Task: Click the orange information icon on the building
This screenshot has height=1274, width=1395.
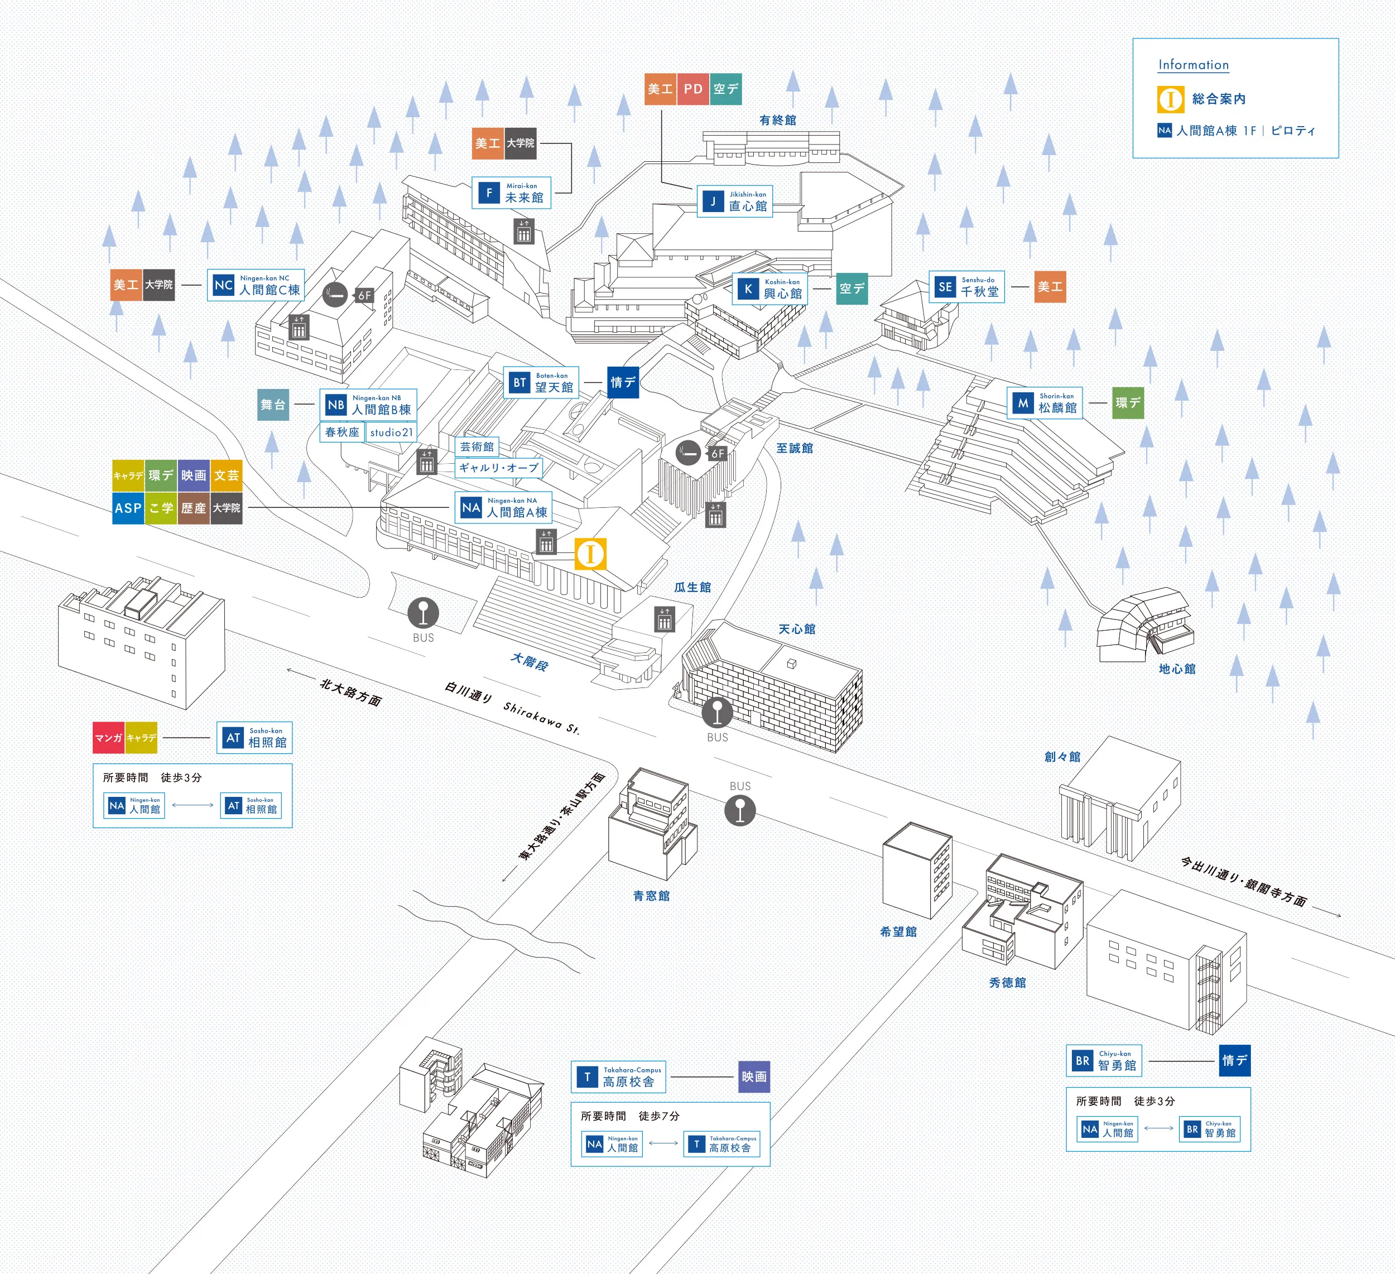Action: (590, 554)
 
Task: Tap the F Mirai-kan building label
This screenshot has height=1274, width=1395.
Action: (511, 193)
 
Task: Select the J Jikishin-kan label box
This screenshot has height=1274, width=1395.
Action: (734, 201)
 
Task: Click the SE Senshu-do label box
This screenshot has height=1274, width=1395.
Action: (966, 286)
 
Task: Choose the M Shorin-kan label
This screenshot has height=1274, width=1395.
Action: (1044, 403)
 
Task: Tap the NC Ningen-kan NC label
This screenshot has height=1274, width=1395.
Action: (256, 285)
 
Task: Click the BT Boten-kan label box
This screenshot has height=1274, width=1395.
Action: (541, 383)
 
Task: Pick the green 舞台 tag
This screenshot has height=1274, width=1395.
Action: (273, 405)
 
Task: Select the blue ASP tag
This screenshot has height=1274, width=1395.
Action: (128, 508)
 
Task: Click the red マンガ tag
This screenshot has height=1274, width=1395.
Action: (109, 738)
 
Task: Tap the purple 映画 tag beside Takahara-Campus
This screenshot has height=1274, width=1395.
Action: (753, 1077)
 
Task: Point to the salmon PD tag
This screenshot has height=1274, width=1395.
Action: (692, 89)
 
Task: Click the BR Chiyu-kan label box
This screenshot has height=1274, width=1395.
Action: (1104, 1061)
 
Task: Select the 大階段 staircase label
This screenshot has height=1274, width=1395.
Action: (530, 662)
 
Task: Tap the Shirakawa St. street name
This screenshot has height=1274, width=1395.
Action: (541, 717)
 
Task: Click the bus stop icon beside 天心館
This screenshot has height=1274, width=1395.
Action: (717, 713)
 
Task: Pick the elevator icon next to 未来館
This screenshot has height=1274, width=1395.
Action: (524, 231)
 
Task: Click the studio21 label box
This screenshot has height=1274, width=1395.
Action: (391, 432)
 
